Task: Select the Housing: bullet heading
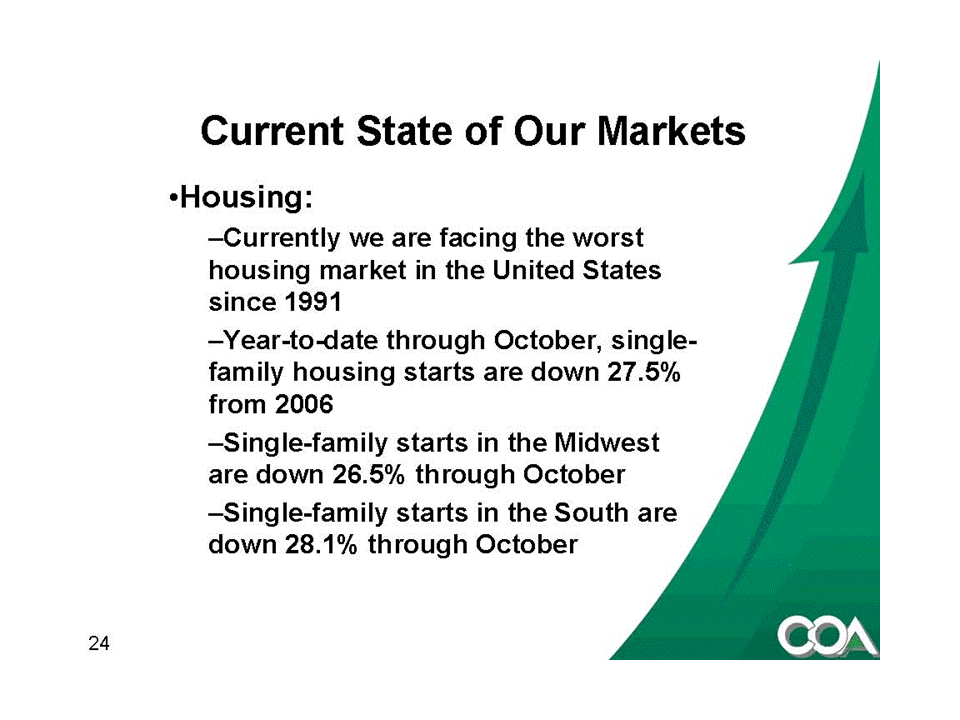pos(241,198)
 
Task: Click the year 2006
pos(304,404)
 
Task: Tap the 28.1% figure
pos(321,544)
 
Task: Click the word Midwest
pos(606,442)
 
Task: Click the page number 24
pos(99,643)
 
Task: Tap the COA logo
pos(828,637)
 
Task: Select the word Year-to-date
pos(301,340)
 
